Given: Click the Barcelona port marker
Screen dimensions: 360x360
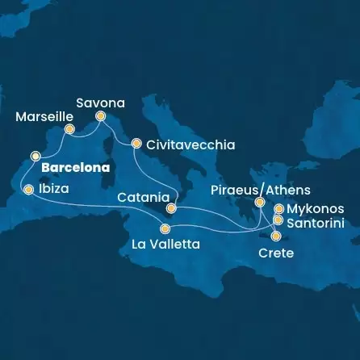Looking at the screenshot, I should [35, 156].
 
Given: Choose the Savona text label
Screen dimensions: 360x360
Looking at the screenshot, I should [101, 103].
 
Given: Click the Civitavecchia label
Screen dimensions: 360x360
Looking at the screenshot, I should [190, 145].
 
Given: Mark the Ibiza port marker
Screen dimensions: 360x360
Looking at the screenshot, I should [29, 190].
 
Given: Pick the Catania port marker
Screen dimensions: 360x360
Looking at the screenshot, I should [171, 207].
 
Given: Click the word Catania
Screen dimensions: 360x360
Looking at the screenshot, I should [143, 196].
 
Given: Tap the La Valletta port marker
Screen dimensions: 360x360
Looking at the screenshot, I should [165, 228].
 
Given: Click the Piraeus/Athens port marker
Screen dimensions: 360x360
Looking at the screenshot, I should [259, 203].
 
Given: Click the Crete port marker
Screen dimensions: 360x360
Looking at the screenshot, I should [276, 237].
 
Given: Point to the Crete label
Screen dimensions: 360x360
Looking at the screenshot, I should [275, 253].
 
